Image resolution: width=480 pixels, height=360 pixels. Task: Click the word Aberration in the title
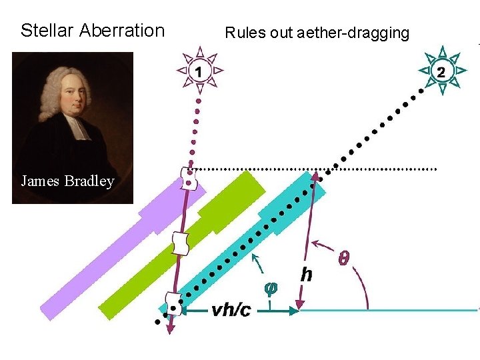pos(121,31)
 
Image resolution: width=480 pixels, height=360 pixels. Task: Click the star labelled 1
pos(199,69)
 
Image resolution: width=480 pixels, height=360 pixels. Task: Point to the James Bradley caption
pos(67,181)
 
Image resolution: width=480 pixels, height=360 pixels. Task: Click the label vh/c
pos(231,309)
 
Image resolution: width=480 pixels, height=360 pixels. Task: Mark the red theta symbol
pos(345,256)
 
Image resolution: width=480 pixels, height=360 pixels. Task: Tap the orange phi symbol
pos(270,289)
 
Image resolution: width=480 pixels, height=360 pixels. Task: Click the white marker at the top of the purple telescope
pos(189,177)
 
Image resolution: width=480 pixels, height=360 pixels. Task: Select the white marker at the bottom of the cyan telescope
pos(175,305)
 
